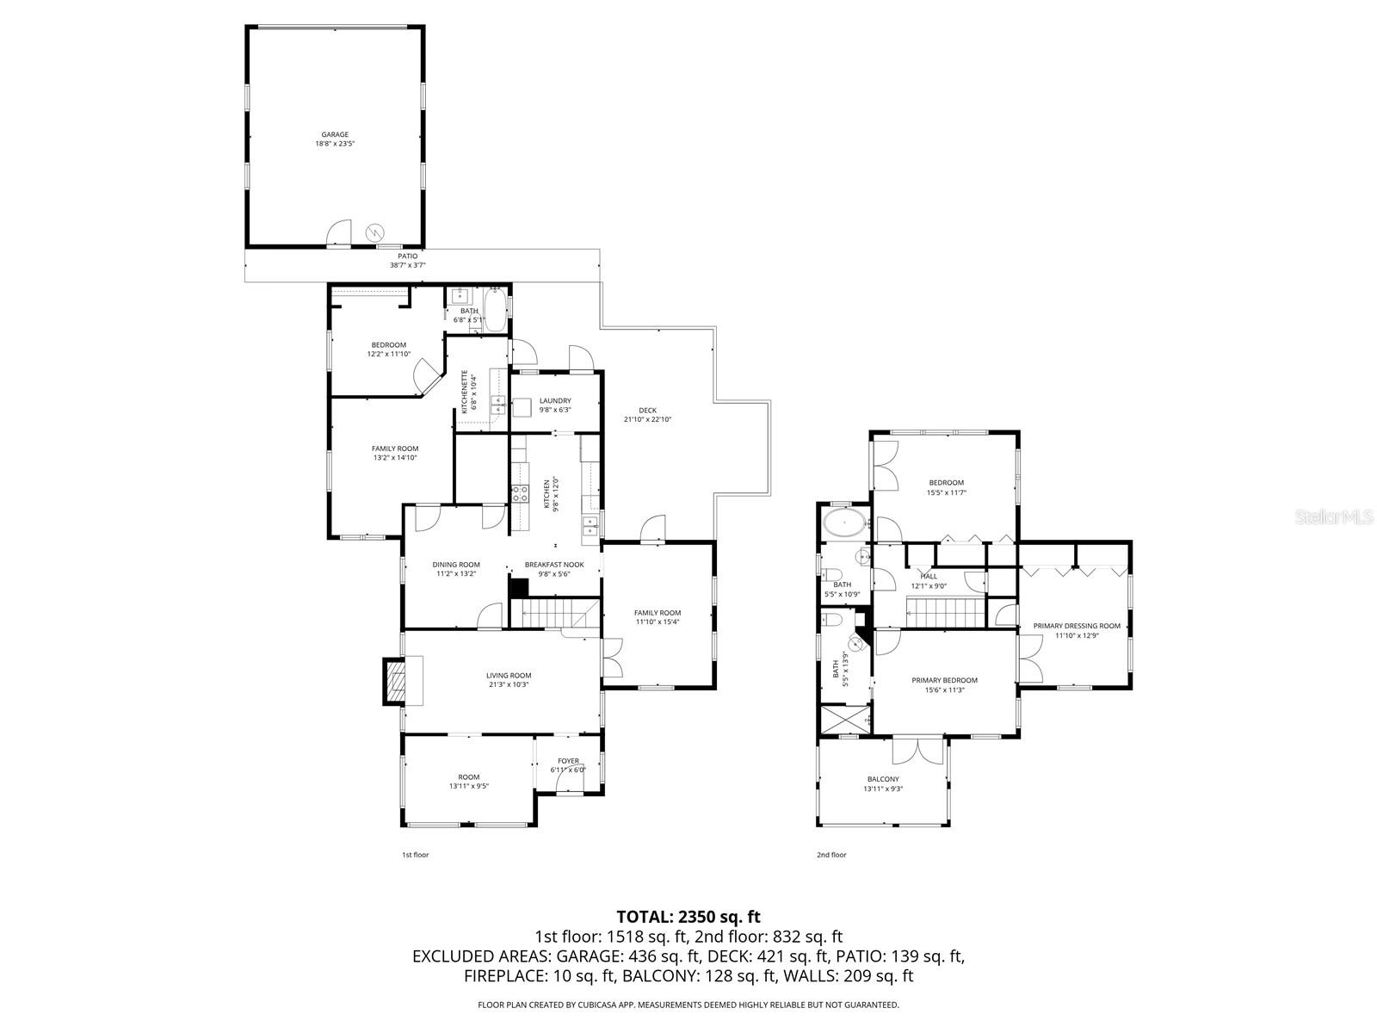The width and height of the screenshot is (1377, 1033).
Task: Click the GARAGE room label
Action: tap(335, 134)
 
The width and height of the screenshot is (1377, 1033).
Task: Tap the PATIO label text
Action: tap(407, 256)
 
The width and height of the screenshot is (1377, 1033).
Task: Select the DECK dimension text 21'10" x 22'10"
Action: tap(647, 420)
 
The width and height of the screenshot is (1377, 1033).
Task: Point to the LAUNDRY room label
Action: tap(555, 401)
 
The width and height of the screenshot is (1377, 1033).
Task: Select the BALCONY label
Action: tap(883, 779)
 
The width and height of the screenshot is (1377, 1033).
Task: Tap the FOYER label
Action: tap(568, 761)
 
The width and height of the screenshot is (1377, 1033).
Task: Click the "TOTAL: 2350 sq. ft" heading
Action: tap(688, 917)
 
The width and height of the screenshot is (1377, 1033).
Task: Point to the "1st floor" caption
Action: tap(415, 855)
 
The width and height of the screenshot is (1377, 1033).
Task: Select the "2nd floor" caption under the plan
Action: tap(831, 855)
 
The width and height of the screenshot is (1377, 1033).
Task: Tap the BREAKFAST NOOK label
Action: tap(554, 565)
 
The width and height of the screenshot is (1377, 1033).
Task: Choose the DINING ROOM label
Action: tap(456, 565)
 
